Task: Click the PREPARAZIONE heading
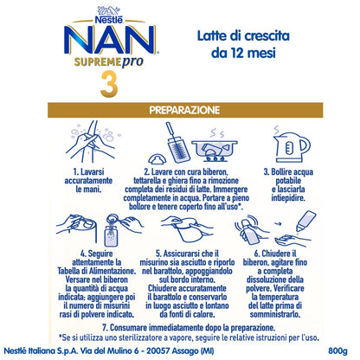(180, 111)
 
